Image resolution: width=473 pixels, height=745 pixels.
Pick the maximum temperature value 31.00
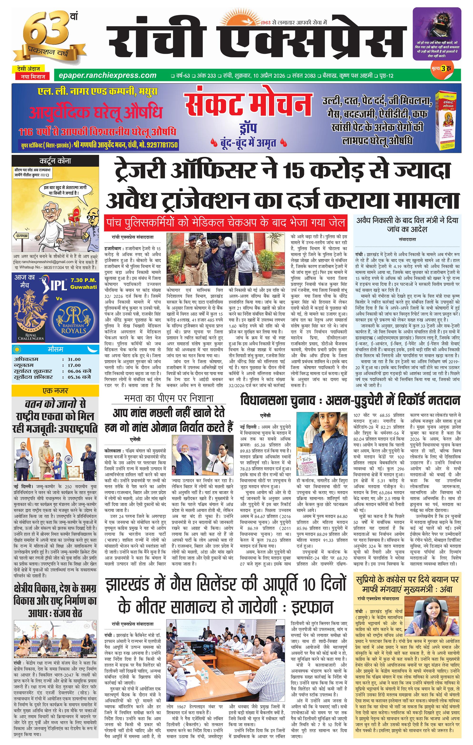click(74, 359)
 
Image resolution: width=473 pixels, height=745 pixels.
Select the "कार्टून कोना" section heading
click(55, 161)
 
